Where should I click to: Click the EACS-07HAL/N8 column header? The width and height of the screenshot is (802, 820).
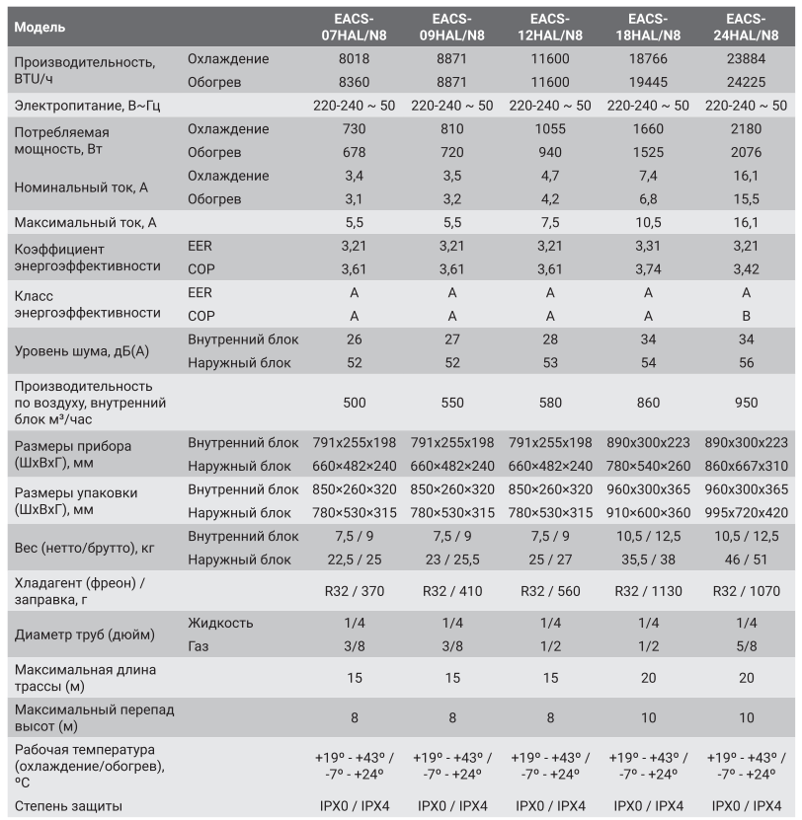[354, 27]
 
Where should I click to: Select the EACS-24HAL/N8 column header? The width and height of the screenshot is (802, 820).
[747, 27]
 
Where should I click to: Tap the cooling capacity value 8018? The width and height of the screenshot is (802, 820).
[354, 59]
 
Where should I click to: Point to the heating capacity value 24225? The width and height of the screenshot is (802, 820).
[747, 82]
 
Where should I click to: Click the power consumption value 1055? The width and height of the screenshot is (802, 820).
[550, 129]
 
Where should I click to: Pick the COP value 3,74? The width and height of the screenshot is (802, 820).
[648, 267]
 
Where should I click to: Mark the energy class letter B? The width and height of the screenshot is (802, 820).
[747, 316]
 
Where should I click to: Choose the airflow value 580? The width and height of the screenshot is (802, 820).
[550, 403]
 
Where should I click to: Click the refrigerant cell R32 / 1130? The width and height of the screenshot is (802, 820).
[648, 592]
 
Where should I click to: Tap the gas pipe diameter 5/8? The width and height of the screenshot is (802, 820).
[747, 646]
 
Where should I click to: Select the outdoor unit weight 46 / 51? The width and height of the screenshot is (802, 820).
[747, 559]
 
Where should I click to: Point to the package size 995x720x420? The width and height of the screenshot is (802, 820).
[747, 513]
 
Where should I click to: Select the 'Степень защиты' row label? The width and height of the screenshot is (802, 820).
[68, 806]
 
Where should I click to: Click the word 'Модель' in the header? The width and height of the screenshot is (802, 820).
[40, 27]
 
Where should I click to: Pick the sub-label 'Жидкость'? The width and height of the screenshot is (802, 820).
[220, 623]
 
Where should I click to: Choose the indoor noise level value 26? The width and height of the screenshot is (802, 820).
[354, 339]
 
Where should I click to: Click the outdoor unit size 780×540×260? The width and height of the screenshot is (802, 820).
[648, 467]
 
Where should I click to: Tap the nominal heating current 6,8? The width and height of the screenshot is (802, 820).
[648, 199]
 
